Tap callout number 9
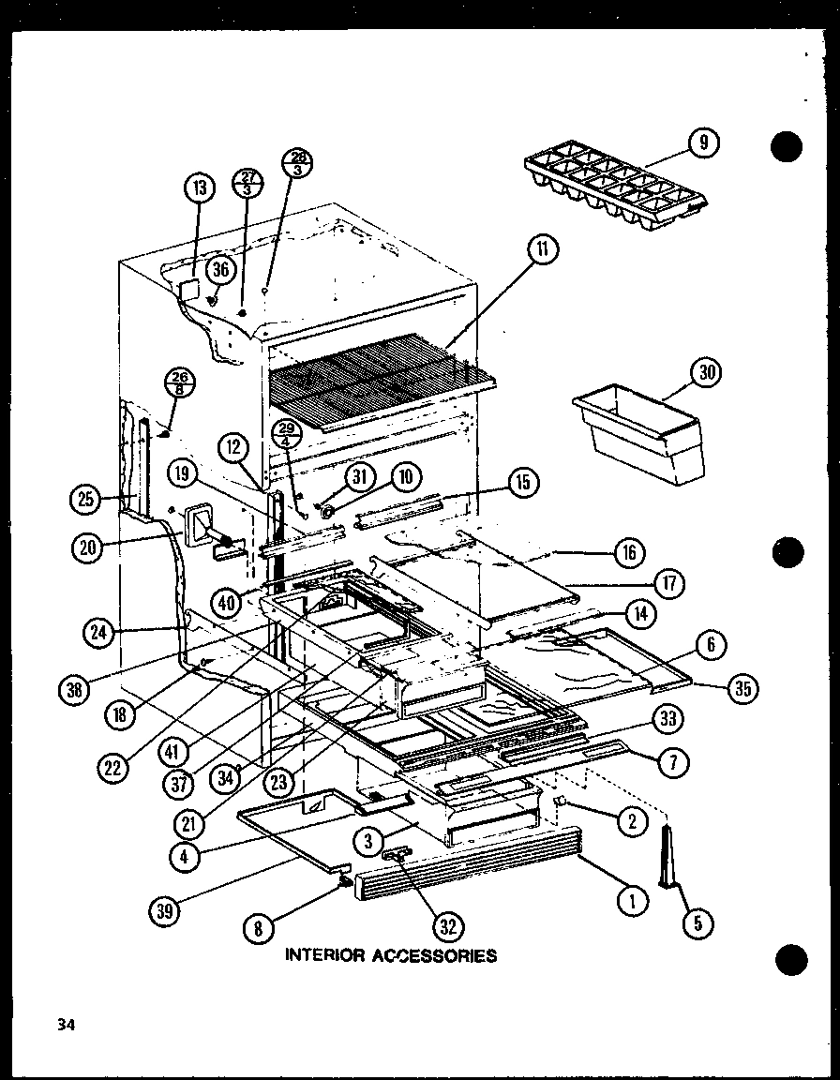click(x=703, y=142)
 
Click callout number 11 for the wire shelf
click(x=543, y=249)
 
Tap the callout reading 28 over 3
click(x=297, y=163)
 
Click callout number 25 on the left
click(x=87, y=500)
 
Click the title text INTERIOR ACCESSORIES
click(x=390, y=956)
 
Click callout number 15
click(x=522, y=483)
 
